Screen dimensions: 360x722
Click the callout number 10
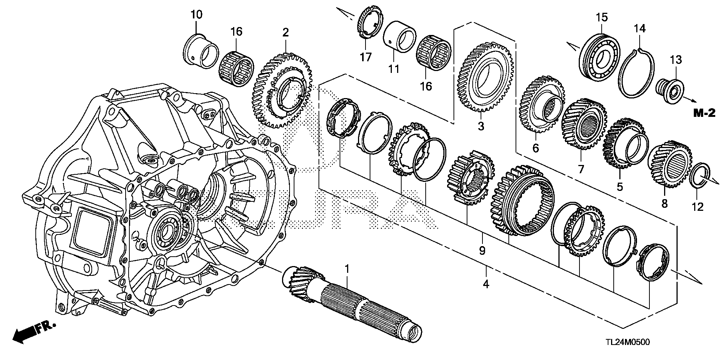point(196,15)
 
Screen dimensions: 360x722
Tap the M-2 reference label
point(704,114)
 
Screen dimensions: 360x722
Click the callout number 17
point(366,57)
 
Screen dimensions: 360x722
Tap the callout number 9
point(482,250)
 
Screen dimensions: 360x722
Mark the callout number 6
point(535,148)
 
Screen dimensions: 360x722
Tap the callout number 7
point(581,169)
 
